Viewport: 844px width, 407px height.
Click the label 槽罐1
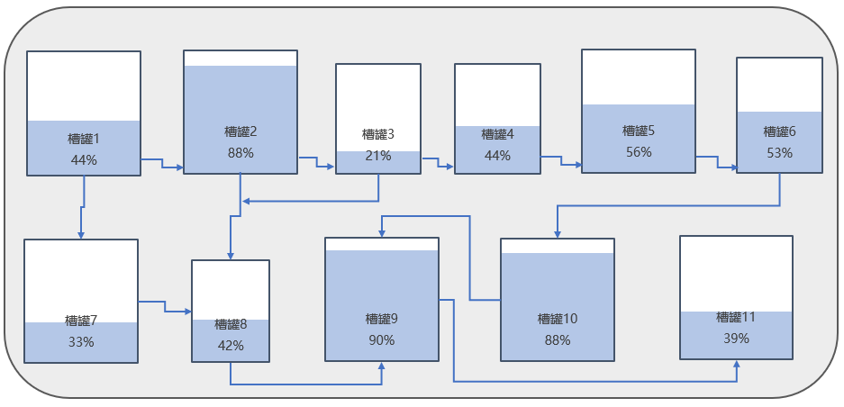point(83,139)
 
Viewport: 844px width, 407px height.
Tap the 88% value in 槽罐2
point(240,153)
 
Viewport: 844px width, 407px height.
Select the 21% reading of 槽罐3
point(378,156)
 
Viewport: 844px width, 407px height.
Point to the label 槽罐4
point(497,134)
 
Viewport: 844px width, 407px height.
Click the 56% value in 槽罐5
point(639,152)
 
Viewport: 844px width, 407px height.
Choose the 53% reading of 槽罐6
point(779,153)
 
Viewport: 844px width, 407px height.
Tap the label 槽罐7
point(81,321)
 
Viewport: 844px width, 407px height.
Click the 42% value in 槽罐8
point(231,345)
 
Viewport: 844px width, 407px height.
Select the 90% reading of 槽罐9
point(382,340)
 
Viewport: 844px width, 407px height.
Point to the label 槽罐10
point(558,319)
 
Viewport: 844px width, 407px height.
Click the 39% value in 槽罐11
point(736,339)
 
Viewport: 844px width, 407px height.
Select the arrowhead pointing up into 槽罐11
point(736,365)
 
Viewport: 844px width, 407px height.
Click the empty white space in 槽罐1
point(83,86)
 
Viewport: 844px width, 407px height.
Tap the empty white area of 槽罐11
point(736,274)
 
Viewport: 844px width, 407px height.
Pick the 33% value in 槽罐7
point(81,342)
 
